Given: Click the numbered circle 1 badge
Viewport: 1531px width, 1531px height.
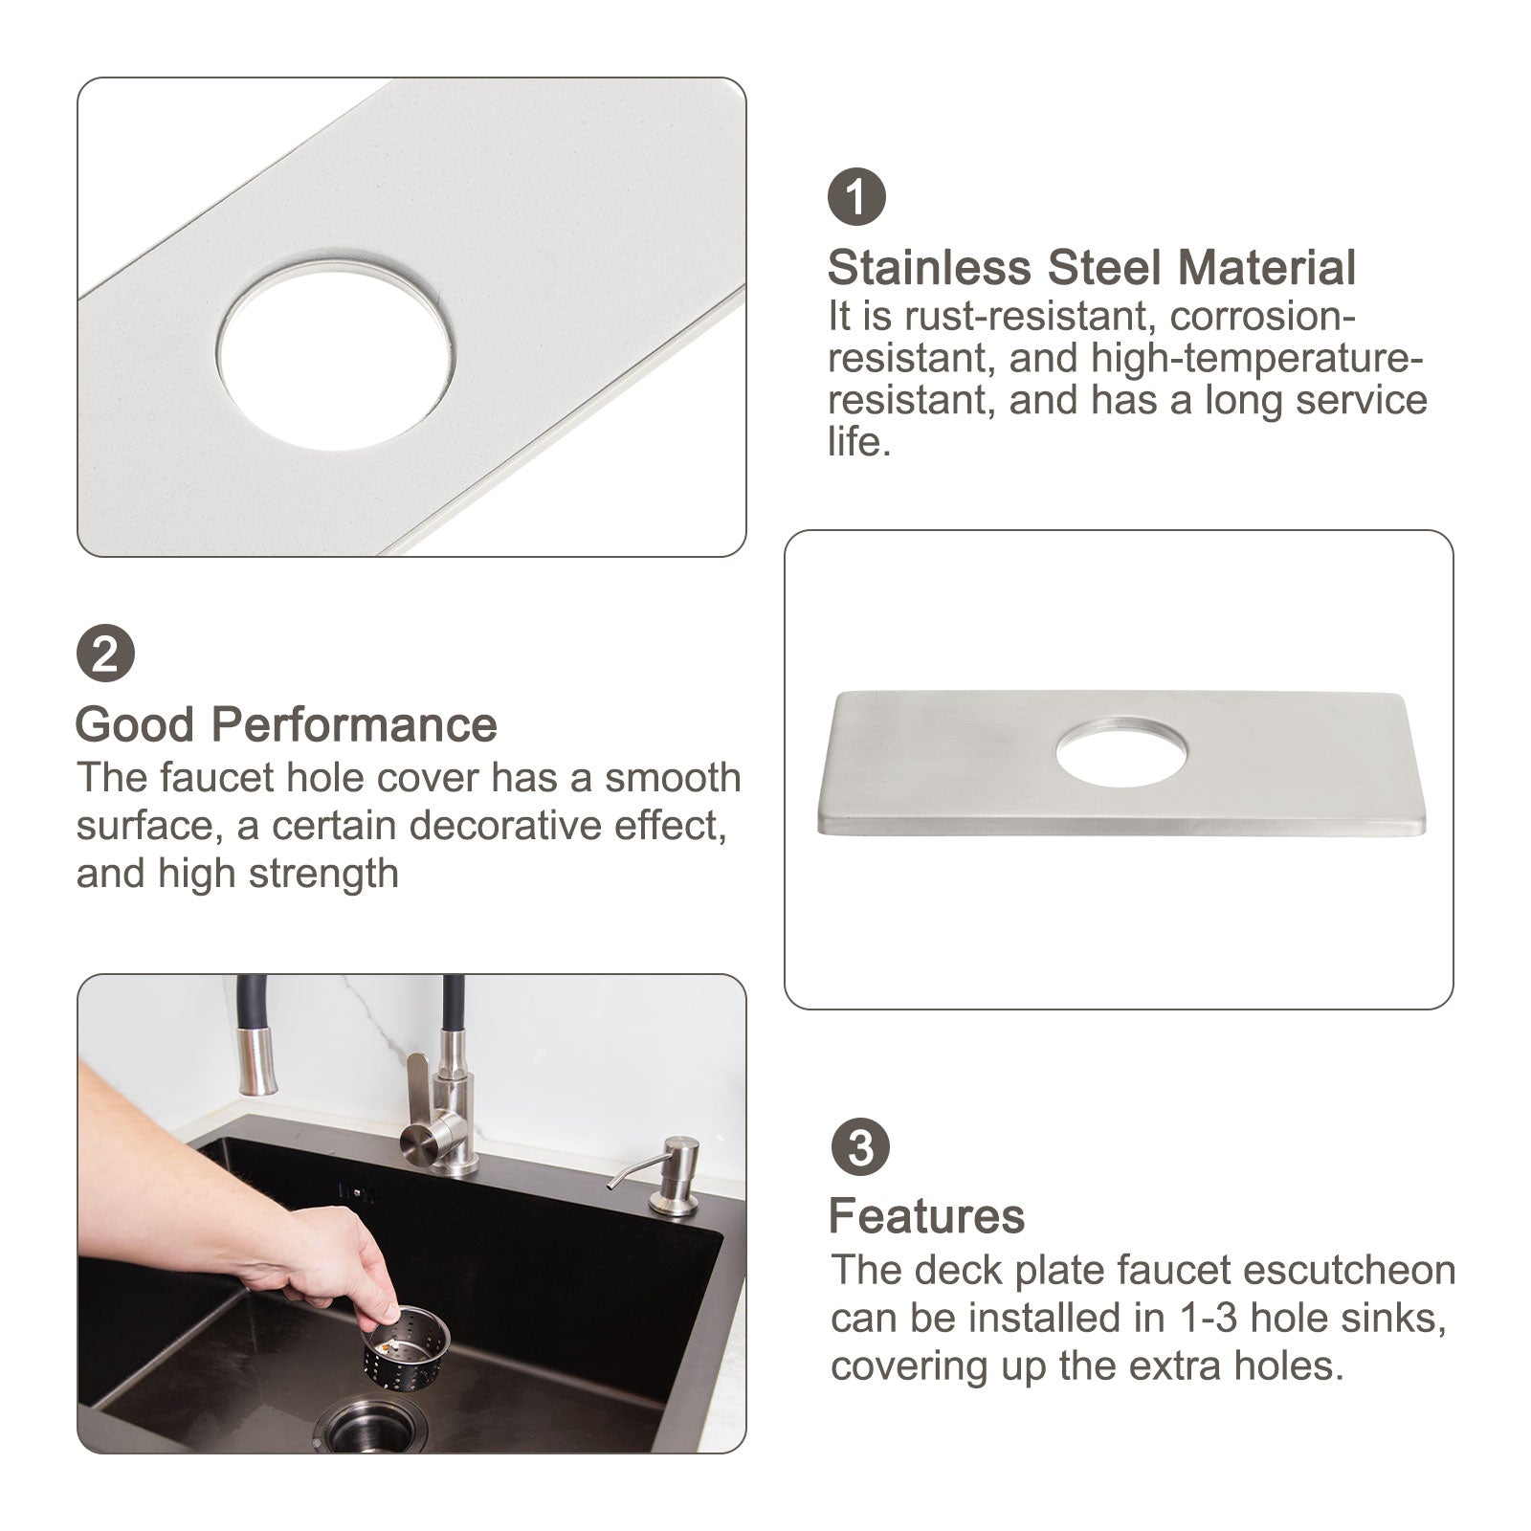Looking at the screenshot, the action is click(856, 196).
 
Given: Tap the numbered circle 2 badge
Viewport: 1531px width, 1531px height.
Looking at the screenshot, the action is click(105, 655).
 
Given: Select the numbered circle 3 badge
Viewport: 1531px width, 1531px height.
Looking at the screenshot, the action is click(860, 1147).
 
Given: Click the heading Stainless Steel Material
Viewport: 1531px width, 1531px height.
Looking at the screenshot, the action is click(1092, 268).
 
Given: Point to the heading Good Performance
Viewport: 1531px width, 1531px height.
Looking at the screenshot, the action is click(286, 724).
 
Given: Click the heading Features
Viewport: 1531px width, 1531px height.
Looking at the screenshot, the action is click(926, 1216).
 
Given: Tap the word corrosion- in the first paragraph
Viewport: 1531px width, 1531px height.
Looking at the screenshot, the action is click(1263, 316).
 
